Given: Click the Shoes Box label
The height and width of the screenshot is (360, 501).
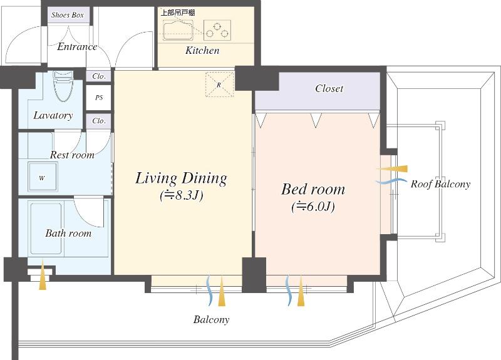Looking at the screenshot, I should [68, 14].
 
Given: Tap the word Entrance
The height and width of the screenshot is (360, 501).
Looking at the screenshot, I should [77, 46].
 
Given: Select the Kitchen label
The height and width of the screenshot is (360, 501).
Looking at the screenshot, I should [202, 50].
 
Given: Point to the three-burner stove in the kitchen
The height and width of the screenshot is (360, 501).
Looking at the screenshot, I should [217, 29].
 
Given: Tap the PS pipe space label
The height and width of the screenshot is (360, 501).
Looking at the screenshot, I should [98, 98].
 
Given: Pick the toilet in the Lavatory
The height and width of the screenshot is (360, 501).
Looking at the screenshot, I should [64, 86].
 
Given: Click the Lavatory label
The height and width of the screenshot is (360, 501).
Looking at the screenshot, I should [53, 115].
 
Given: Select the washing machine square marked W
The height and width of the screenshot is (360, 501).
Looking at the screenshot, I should [43, 178].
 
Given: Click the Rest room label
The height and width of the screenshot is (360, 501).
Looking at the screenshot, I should [72, 155].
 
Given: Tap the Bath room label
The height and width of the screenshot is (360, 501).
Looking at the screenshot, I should [68, 233].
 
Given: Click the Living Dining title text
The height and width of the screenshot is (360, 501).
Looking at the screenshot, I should [181, 178].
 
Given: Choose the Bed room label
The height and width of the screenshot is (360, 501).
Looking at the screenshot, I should [313, 188].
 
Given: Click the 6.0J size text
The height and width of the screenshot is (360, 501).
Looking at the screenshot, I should [313, 206].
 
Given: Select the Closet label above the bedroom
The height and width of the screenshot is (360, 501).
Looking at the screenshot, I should [329, 89].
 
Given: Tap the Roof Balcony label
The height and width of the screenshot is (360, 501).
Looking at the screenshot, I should [440, 184].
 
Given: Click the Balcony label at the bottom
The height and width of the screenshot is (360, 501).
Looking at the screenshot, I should [211, 319].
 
